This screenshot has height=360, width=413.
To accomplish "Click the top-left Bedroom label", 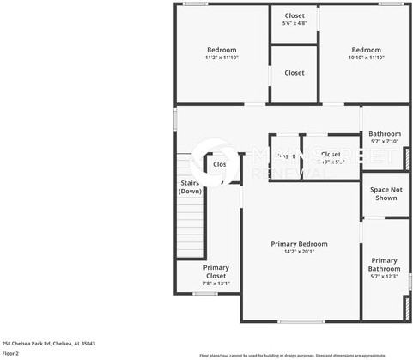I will tap(222, 50).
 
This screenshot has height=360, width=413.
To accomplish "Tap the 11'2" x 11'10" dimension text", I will tap(222, 58).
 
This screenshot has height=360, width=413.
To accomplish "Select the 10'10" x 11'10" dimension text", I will tap(367, 58).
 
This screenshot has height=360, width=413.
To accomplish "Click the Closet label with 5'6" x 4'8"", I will tap(295, 15).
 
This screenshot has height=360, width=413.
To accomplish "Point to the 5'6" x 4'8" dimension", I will tap(295, 23).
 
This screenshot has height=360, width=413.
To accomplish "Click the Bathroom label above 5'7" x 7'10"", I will tap(385, 134).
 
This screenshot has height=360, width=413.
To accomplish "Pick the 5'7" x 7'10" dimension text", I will tap(385, 142).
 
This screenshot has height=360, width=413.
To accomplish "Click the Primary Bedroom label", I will tap(299, 244).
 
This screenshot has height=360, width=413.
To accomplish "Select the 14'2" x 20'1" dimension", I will tap(299, 252).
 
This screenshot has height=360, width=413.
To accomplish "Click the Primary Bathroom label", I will tap(385, 265).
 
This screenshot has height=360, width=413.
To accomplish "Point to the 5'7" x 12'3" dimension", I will tap(385, 277).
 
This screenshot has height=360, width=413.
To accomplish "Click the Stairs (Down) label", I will tap(190, 186).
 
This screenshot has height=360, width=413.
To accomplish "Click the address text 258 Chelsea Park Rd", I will tap(48, 343).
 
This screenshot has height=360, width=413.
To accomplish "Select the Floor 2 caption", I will tap(10, 353).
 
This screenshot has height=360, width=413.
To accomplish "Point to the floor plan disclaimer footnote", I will tap(305, 355).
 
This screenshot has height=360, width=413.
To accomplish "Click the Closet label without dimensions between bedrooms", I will tap(295, 73).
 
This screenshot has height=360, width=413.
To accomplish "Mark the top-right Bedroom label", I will tap(367, 50).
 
